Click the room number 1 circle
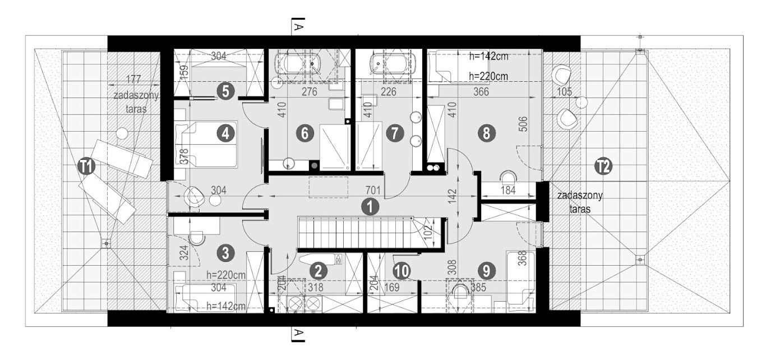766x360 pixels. click(x=370, y=207)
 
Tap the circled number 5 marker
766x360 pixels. click(x=225, y=91)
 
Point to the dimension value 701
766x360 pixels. click(x=373, y=190)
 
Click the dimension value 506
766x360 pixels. click(x=524, y=124)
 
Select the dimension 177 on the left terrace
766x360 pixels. click(x=133, y=79)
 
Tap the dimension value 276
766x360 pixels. click(x=309, y=91)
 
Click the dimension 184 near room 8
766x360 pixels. click(x=508, y=190)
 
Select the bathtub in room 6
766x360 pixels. click(x=299, y=66)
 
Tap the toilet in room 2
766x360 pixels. click(x=320, y=260)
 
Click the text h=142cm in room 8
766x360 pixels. click(x=488, y=57)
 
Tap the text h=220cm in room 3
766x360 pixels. click(x=226, y=275)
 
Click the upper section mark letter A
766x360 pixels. click(x=298, y=26)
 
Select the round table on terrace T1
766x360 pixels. click(x=122, y=133)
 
